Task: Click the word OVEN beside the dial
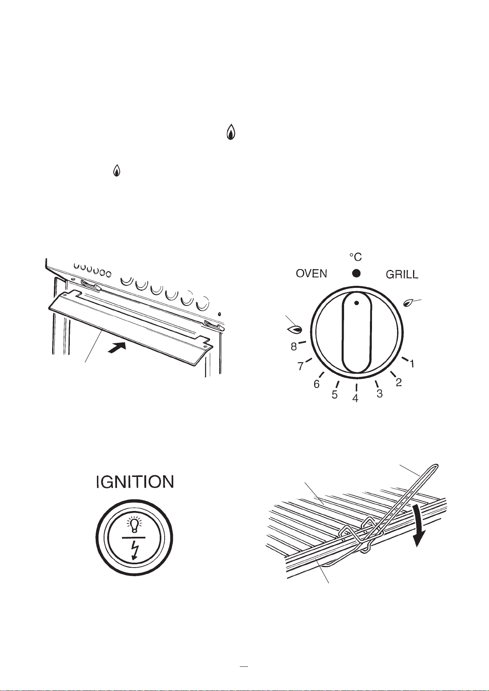click(311, 274)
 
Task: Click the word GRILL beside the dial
click(402, 274)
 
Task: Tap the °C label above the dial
click(356, 257)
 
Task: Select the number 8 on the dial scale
click(294, 347)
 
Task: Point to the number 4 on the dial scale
click(355, 398)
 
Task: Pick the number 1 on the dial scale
click(411, 364)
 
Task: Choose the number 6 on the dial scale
click(317, 384)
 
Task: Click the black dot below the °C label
click(356, 273)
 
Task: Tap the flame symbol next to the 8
click(295, 330)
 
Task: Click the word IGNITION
click(135, 482)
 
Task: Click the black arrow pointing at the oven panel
click(119, 348)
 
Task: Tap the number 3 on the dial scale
click(380, 393)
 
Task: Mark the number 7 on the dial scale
click(300, 366)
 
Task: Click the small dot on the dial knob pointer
click(356, 303)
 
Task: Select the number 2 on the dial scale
click(399, 383)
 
